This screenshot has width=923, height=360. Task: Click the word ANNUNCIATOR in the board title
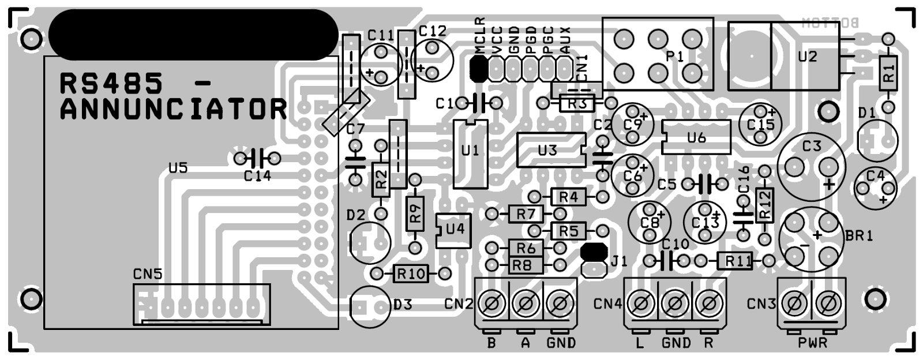point(173,109)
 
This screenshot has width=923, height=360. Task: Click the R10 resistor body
point(411,273)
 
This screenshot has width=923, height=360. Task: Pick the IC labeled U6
point(696,137)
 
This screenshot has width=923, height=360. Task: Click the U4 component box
point(453,230)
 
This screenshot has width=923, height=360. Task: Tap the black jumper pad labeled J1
point(593,252)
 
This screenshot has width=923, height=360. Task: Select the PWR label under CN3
point(812,343)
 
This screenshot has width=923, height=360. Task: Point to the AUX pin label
point(565,40)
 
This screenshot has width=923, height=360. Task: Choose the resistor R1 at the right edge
point(888,73)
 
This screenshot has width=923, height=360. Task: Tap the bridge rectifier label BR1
point(859,236)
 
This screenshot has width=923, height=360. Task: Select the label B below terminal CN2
point(491,343)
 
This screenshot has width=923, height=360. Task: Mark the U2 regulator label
point(808,57)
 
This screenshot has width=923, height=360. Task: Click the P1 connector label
point(674,57)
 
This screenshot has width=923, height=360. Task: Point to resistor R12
point(764,205)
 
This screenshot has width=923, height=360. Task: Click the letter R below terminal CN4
point(708,343)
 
